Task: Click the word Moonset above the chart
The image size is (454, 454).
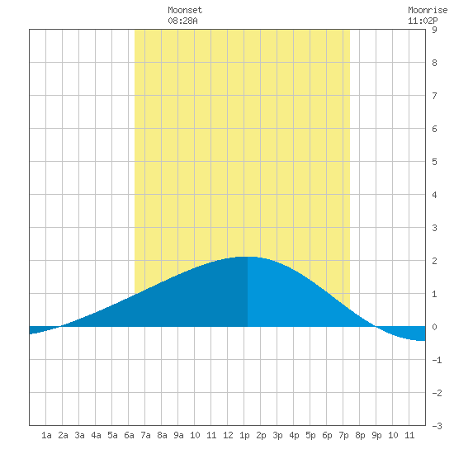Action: pos(185,10)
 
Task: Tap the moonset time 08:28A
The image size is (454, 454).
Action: pos(182,21)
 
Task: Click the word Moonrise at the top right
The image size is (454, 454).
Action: pos(428,10)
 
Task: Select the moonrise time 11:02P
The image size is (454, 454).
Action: pos(423,21)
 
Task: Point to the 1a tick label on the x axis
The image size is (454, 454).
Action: pos(46,435)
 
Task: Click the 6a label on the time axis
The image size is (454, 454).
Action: pos(129,435)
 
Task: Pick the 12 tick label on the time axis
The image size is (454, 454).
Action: pos(228,435)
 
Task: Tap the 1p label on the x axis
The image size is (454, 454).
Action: pos(244,435)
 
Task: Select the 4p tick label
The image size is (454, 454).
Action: pos(294,435)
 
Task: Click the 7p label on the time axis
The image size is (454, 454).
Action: pos(343,435)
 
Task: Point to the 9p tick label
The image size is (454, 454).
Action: pos(376,435)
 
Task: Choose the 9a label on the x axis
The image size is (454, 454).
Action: pos(178,435)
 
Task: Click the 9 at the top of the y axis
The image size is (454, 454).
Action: pos(434,30)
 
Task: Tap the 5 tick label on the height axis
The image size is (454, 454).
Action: pos(434,162)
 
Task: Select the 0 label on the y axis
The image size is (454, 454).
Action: pos(434,327)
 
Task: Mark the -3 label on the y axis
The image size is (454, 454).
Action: pos(437,426)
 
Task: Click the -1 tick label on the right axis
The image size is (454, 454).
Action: pos(437,360)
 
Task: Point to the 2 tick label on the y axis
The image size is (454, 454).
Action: pos(434,261)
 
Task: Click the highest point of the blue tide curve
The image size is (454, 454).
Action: pos(247,257)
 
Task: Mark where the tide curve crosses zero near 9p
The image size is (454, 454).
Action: pos(376,326)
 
